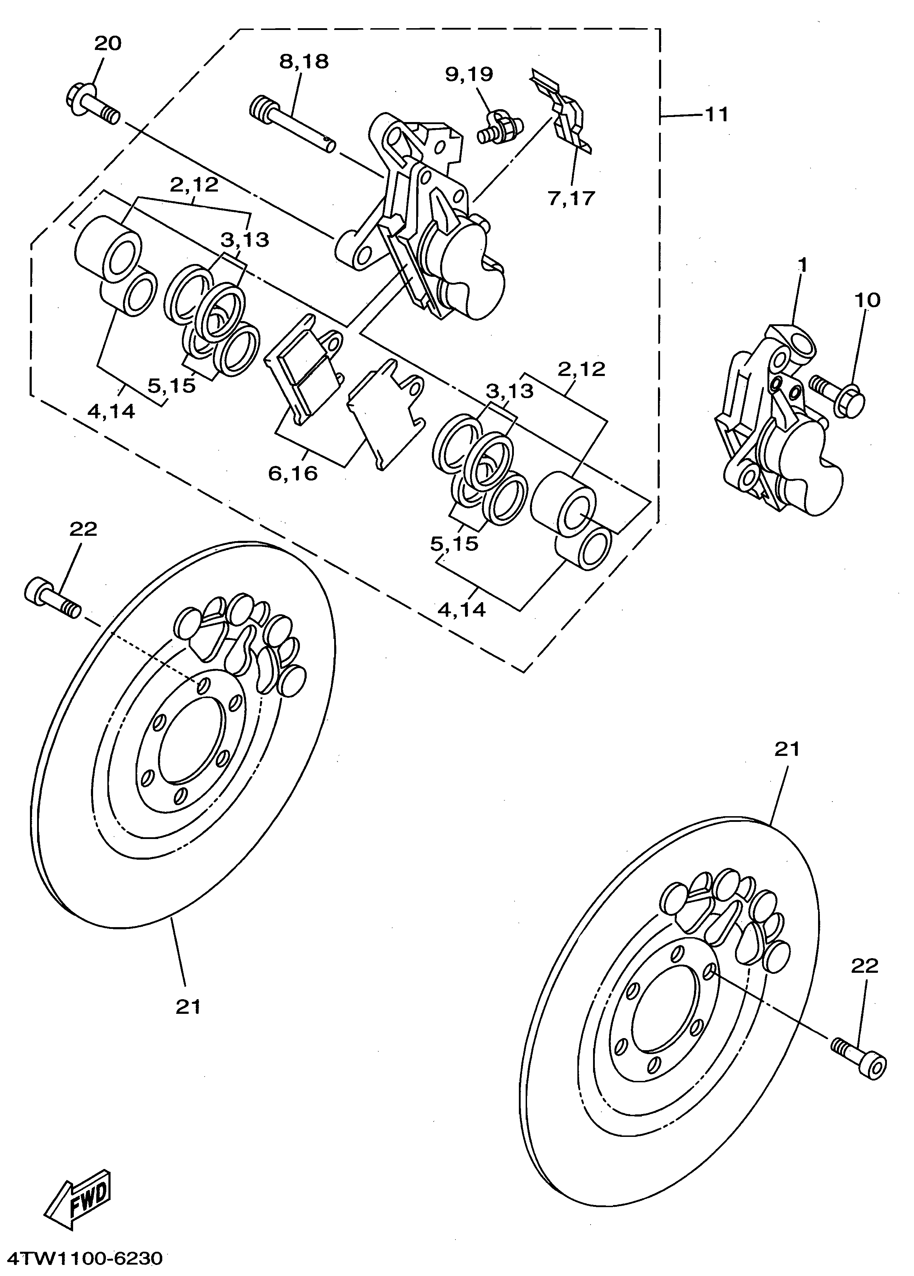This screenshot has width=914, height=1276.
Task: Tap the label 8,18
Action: [304, 61]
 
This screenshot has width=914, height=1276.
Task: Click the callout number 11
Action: [716, 115]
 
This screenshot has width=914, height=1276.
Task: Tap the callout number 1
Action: [803, 265]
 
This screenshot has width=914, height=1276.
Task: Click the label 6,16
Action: [293, 474]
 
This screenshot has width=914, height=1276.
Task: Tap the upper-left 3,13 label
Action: [244, 240]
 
